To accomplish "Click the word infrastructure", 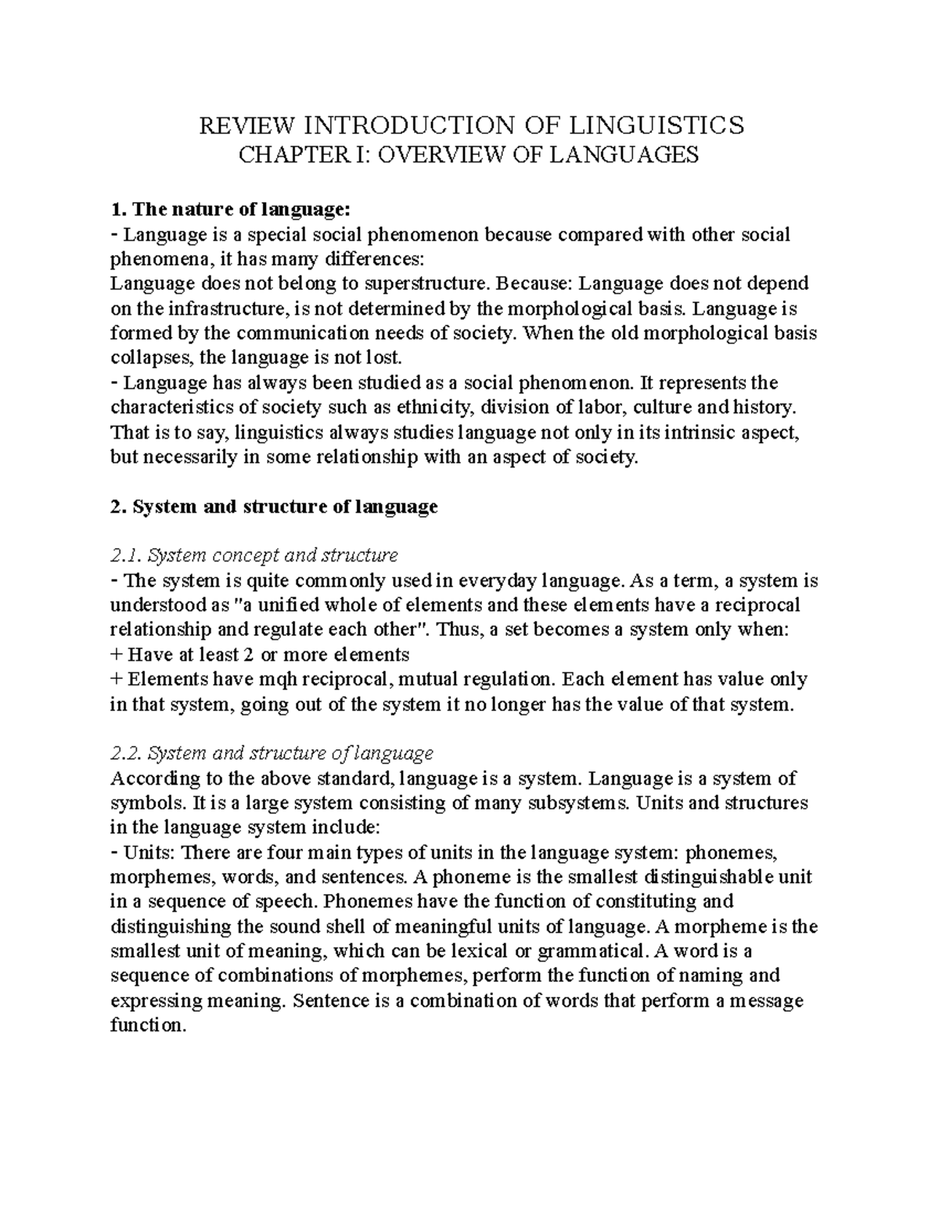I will click(x=205, y=308).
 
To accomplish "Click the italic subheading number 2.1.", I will click(x=126, y=556).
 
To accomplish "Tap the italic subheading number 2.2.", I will click(x=126, y=753).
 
